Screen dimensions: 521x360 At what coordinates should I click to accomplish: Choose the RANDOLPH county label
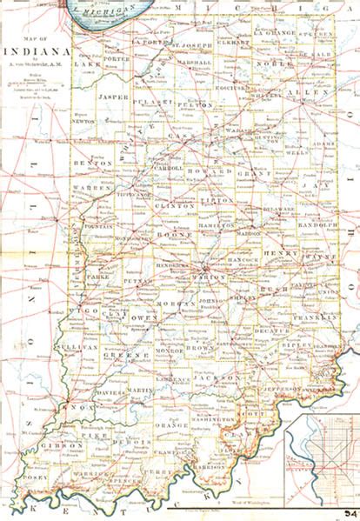317,224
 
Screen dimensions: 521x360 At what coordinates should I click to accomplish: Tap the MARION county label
210,277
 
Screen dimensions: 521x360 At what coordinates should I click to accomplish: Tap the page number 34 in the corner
349,513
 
